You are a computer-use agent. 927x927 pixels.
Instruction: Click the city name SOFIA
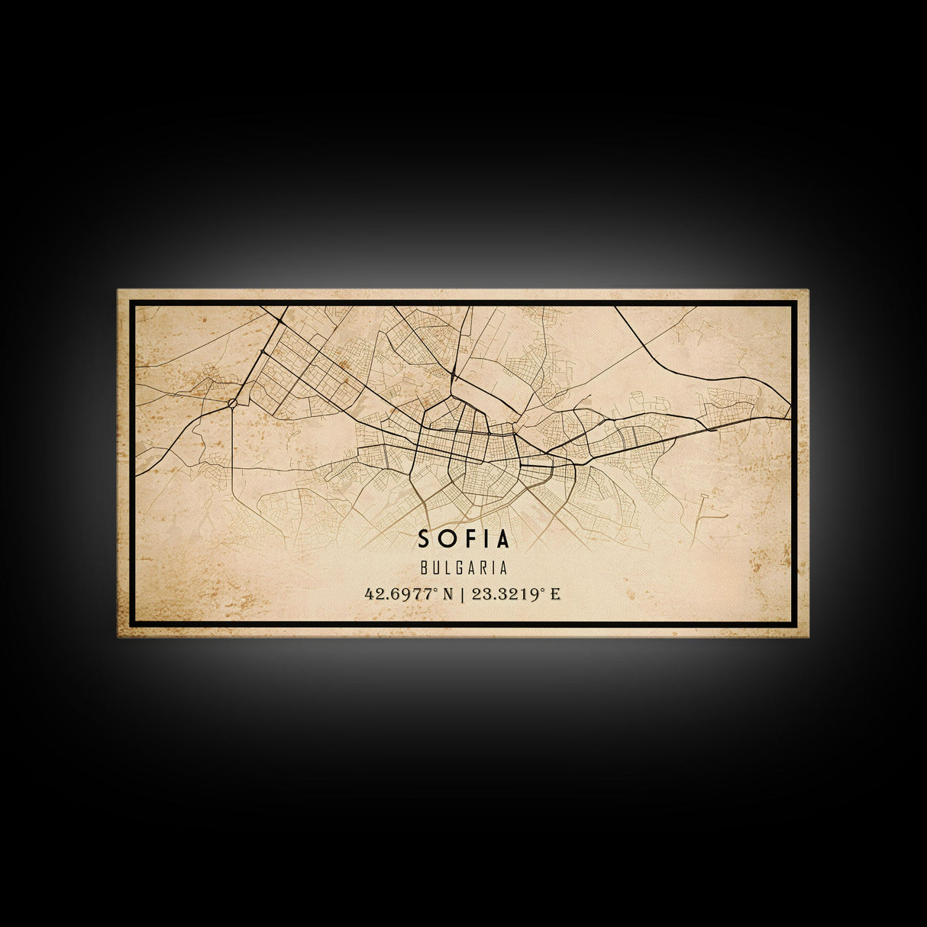(463, 539)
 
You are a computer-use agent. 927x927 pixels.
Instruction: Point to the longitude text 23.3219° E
(516, 594)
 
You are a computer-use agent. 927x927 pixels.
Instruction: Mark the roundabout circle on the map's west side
(233, 402)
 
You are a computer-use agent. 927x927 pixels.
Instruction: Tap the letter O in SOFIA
(445, 539)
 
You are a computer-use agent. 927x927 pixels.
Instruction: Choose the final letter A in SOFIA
(502, 539)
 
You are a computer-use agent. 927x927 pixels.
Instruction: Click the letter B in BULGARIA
(423, 569)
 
